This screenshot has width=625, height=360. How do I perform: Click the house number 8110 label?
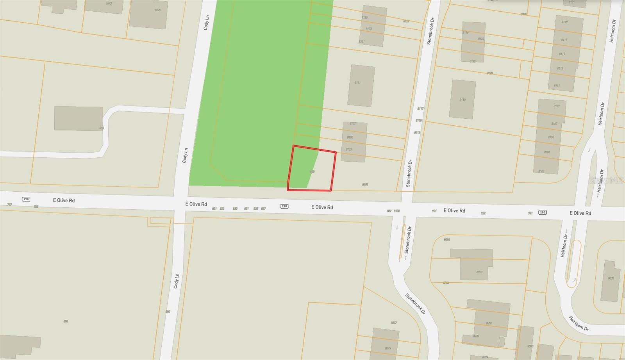tap(462, 100)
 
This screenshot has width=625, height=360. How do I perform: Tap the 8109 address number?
tap(556, 106)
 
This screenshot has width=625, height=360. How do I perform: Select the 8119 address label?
tap(564, 22)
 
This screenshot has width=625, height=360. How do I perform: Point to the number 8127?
tap(406, 21)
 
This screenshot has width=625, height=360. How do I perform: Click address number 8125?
tap(365, 18)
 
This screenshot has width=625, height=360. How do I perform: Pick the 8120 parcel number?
tap(490, 73)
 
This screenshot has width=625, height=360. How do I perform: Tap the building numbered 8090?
tap(479, 272)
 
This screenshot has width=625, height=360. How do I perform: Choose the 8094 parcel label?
tap(447, 239)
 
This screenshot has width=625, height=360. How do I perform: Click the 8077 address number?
tap(394, 323)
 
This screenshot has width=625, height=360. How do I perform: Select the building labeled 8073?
tap(387, 348)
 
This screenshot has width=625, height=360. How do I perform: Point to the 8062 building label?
tap(489, 323)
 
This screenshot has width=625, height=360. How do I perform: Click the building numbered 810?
tap(102, 128)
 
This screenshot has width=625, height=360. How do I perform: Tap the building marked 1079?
tap(158, 10)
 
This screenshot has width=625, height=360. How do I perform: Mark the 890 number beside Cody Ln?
tap(168, 312)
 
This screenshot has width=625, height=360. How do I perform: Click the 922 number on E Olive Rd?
tap(483, 213)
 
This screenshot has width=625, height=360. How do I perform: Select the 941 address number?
tap(530, 213)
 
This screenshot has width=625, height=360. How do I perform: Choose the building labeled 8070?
tap(611, 278)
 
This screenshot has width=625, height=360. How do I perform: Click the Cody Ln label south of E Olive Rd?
tap(177, 281)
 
